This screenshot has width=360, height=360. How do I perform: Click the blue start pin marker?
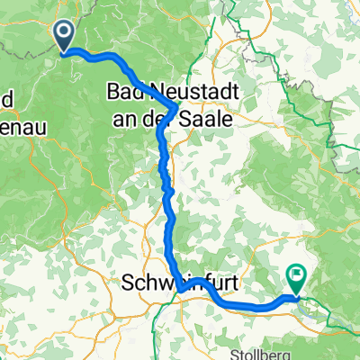[x=66, y=36]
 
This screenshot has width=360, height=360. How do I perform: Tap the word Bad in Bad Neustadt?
[x=124, y=91]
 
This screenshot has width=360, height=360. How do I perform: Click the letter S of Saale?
[x=188, y=117]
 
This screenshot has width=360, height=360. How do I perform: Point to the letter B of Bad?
[x=112, y=91]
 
